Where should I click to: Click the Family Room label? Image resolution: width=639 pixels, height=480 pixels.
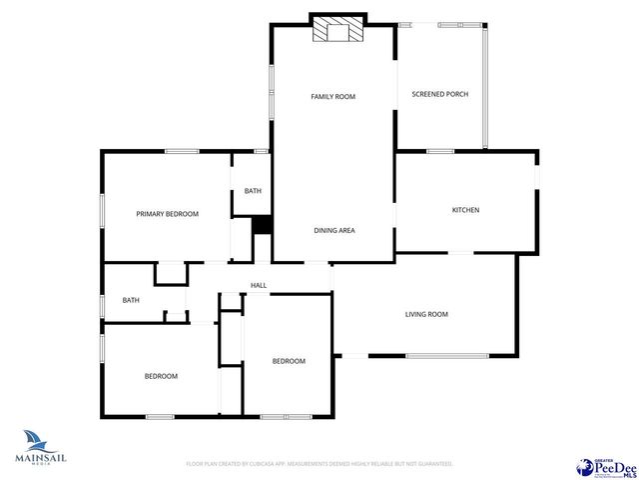[332, 96]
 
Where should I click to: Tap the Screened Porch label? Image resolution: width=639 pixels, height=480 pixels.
[439, 94]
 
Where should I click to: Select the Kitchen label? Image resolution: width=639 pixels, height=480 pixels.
[465, 210]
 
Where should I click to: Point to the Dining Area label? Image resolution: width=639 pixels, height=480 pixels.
[334, 230]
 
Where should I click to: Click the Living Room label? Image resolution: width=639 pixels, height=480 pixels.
[426, 314]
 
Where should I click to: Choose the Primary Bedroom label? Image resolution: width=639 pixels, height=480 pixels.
[167, 213]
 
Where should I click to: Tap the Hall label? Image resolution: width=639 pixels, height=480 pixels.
[258, 286]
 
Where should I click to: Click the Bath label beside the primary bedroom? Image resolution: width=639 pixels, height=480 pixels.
[253, 190]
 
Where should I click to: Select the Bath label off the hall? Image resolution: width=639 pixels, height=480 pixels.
[131, 300]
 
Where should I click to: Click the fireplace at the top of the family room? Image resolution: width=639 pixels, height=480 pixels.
[334, 31]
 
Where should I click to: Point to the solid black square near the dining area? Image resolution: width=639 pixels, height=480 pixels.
[262, 226]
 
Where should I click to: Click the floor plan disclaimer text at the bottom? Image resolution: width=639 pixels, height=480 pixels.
[319, 464]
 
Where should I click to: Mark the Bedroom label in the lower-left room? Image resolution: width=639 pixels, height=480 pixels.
[161, 376]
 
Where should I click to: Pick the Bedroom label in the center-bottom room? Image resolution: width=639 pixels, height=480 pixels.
[289, 361]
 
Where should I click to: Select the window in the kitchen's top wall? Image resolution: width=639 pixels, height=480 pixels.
[440, 151]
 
